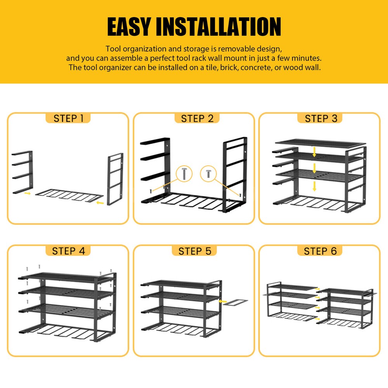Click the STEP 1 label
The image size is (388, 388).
point(68,118)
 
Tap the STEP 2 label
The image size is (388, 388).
point(197,118)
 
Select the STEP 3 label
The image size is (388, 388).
point(321,118)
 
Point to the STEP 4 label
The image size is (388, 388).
point(68,251)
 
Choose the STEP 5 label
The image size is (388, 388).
point(195,251)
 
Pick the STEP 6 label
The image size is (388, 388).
point(320,251)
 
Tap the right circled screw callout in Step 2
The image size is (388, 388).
point(208,173)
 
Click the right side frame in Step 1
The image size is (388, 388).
point(115,178)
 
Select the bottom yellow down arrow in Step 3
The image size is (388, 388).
point(315,187)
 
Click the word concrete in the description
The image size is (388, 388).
point(264,68)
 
